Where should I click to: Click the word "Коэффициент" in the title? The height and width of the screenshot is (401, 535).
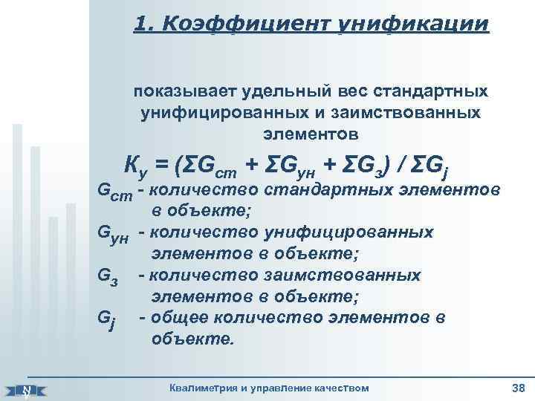237,25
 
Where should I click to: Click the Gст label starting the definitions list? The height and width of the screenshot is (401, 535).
116,192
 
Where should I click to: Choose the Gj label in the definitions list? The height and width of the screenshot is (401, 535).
108,321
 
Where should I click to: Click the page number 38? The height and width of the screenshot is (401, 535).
518,388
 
